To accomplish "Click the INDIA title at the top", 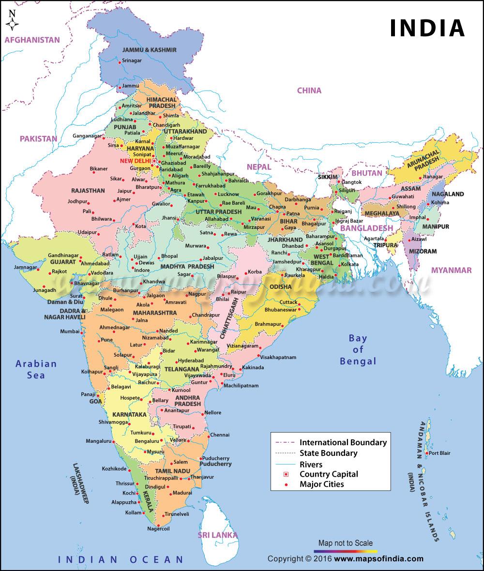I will (427, 29).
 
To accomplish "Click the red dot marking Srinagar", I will (120, 60).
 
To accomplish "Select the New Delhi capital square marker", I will (154, 161).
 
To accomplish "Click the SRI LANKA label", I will (217, 535).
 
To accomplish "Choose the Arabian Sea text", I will (36, 369).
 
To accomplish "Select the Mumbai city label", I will (69, 331).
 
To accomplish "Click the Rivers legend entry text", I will (311, 464).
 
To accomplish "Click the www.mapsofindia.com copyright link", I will (378, 559).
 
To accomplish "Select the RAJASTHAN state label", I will (88, 191).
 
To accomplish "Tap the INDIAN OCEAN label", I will (121, 559).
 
